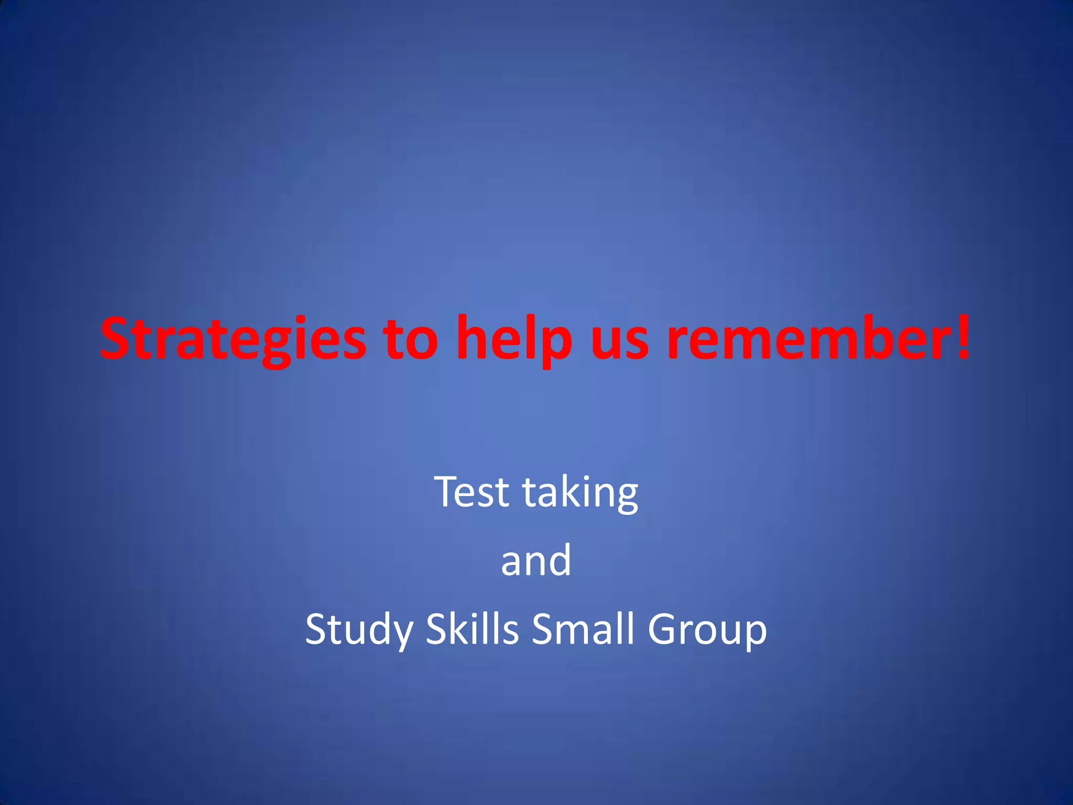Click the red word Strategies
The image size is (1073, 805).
(x=233, y=339)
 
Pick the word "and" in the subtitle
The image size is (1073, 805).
(x=536, y=560)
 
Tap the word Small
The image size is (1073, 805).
(x=584, y=628)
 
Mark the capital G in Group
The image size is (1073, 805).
(x=663, y=628)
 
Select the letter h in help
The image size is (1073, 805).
(x=471, y=338)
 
